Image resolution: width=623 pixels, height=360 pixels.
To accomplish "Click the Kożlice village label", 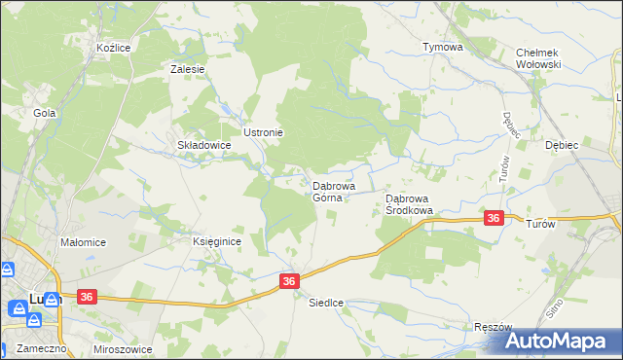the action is coord(114,47).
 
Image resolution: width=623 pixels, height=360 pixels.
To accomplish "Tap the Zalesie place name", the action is coord(187,69).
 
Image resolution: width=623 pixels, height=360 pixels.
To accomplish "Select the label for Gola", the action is coord(45,113).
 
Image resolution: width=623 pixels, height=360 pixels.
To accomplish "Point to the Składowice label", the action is coord(203,145).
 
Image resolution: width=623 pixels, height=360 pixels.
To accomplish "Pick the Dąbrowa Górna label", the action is coord(333,191).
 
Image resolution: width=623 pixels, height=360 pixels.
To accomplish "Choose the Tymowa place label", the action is coord(441,47).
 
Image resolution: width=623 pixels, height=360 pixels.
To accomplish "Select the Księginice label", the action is coord(216,241).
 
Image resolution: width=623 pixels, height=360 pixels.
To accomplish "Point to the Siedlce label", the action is coord(327,303).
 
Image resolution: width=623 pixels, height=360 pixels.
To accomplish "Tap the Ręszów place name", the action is coord(492,327).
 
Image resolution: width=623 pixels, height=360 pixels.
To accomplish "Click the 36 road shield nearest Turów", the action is coord(495,219).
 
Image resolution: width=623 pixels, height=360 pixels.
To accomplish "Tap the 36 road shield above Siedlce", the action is coord(289,280).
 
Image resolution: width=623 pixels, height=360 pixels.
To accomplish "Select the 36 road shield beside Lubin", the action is coord(87,297).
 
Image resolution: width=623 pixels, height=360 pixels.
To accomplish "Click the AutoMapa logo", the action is coord(564,341).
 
